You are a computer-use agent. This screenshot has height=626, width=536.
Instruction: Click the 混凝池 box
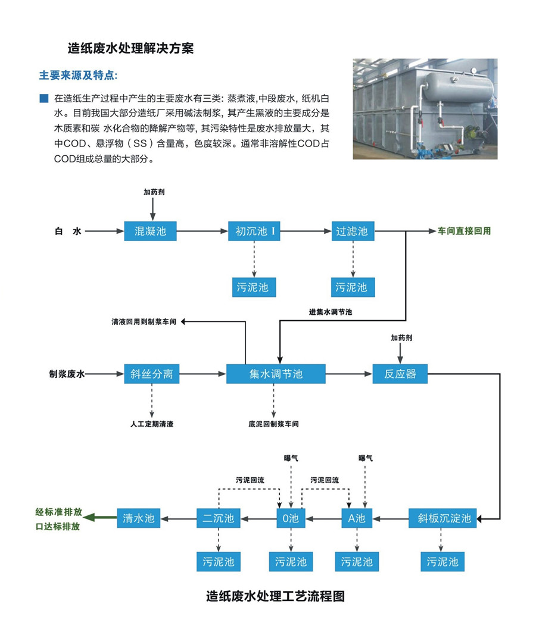(151, 231)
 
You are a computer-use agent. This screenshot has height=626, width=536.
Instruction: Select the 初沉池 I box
(254, 231)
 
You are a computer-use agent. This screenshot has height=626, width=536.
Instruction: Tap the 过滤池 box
(353, 231)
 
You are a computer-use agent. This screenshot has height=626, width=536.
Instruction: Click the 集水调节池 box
(276, 374)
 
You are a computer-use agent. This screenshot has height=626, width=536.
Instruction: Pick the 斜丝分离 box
(151, 374)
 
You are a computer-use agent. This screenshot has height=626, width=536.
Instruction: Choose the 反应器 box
(400, 374)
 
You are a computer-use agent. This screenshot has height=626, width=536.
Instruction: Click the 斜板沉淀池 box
(444, 518)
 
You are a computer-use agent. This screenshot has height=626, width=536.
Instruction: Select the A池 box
(357, 518)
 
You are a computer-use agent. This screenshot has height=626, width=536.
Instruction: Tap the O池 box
(291, 518)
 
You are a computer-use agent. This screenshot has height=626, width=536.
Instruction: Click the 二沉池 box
(218, 518)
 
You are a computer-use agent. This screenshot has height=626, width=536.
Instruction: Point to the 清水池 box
(139, 518)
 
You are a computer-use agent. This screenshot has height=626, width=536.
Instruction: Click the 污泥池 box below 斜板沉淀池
(442, 561)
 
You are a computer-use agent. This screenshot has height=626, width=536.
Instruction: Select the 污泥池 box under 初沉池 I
(253, 287)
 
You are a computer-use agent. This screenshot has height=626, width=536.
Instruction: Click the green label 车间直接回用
(465, 231)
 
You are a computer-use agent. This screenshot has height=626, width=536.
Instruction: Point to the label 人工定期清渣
(152, 424)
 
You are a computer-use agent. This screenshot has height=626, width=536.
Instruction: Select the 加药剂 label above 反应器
(401, 337)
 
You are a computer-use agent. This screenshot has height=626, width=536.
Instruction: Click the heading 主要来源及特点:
(78, 76)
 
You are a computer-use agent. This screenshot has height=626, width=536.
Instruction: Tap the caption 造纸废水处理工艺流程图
(275, 596)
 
